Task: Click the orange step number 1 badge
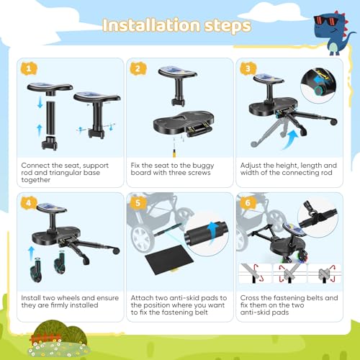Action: [x=29, y=68]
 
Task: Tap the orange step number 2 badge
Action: [x=138, y=68]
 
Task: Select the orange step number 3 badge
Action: [x=248, y=68]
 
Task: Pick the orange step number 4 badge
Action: [x=29, y=203]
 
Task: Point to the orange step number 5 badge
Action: [x=138, y=203]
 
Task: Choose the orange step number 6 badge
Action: [x=248, y=203]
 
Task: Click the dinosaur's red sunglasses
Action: [x=325, y=20]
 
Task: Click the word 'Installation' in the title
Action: [x=151, y=25]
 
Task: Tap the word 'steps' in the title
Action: [x=228, y=27]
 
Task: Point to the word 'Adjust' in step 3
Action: [x=251, y=166]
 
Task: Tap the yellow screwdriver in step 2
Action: [x=174, y=153]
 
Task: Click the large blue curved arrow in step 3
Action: [x=291, y=139]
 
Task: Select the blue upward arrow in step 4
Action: [x=31, y=253]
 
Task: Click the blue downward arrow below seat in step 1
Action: [x=40, y=103]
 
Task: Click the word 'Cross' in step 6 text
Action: [x=250, y=298]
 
